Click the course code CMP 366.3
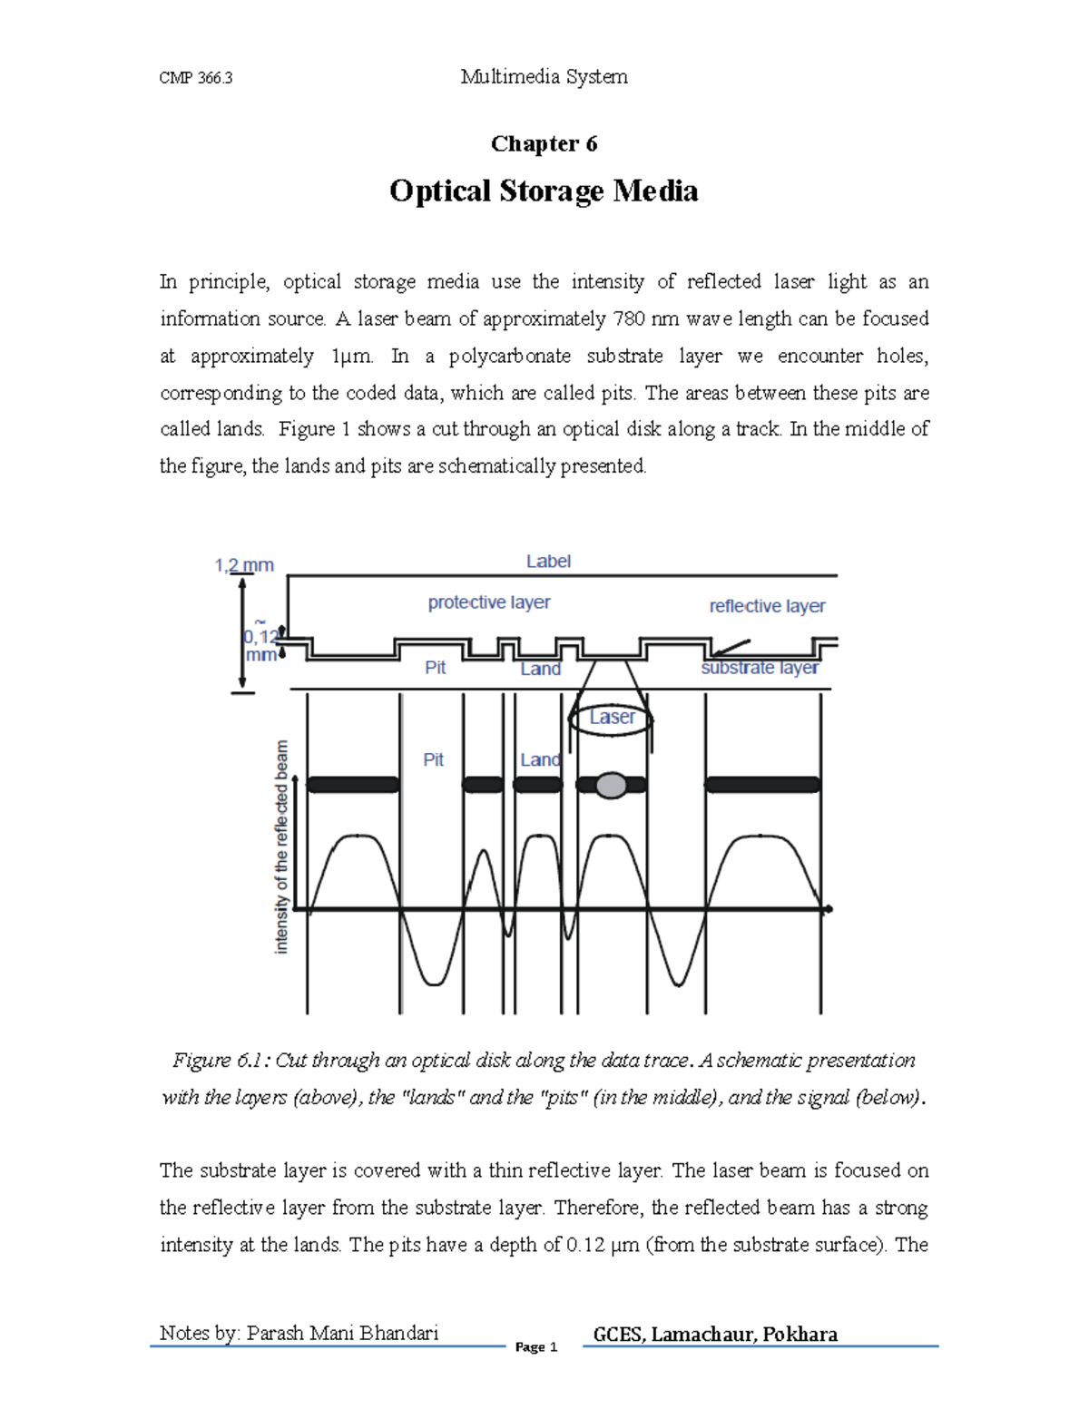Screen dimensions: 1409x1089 pos(195,78)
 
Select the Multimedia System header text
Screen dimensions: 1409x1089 pos(544,77)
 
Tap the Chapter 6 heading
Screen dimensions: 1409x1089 pos(544,144)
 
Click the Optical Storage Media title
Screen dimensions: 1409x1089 pos(544,191)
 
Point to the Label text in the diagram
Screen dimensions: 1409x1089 pos(548,562)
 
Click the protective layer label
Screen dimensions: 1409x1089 pos(489,602)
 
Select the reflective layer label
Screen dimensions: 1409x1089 pos(767,606)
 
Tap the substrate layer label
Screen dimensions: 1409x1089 pos(760,668)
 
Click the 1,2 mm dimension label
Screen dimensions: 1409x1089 pos(243,565)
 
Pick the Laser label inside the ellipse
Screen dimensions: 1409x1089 pos(612,718)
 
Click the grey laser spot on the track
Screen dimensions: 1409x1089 pos(612,785)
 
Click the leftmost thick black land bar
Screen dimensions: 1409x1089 pos(353,785)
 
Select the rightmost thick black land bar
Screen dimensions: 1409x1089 pos(762,785)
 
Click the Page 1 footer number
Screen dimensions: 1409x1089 pos(535,1347)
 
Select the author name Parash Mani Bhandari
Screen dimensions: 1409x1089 pos(342,1333)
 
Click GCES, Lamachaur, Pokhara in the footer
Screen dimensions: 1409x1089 pos(715,1334)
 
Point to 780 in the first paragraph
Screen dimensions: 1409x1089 pos(630,318)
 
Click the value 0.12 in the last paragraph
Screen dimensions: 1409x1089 pos(585,1245)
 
